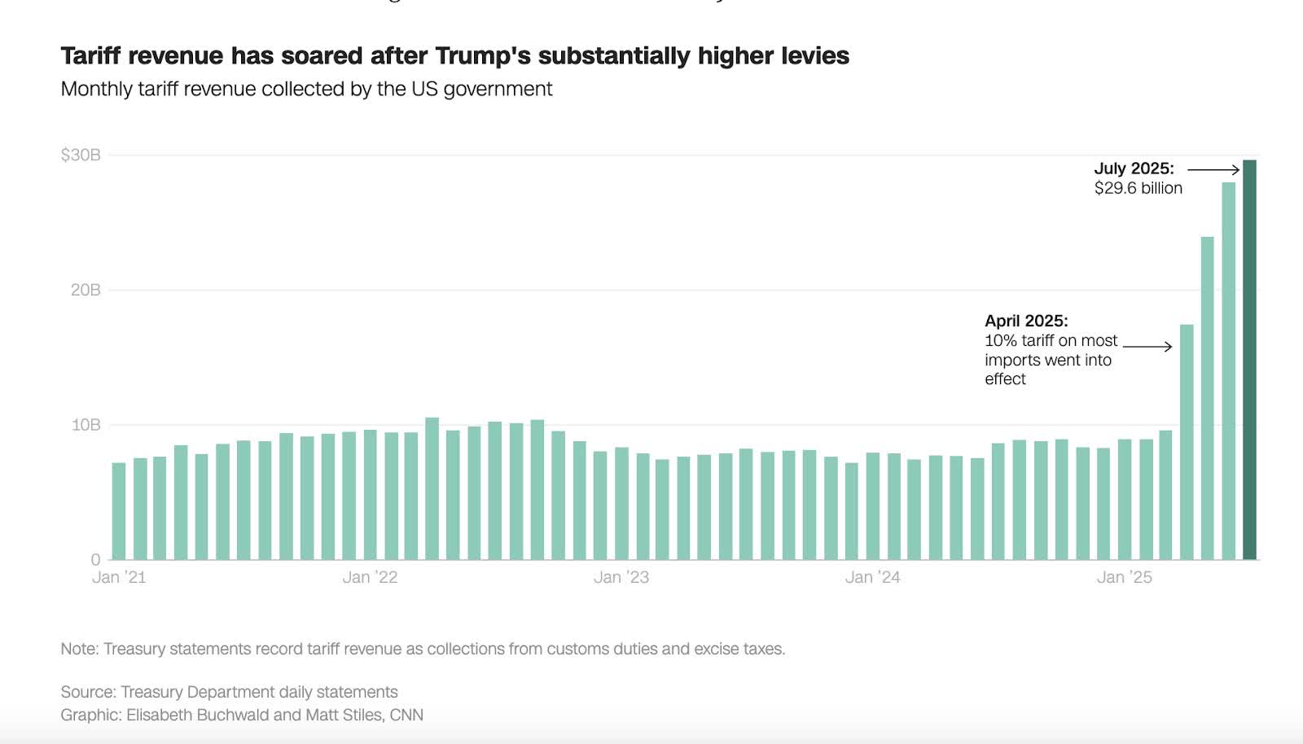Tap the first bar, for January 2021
coord(119,511)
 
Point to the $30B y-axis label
coord(81,155)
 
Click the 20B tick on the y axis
coord(86,290)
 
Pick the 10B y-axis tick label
coord(86,425)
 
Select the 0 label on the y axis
coord(95,559)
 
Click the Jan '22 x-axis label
coord(370,577)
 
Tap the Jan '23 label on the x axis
coord(621,577)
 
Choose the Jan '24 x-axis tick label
coord(872,577)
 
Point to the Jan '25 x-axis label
coord(1124,577)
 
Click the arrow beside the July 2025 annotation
coord(1213,169)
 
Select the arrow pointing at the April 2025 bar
coord(1147,347)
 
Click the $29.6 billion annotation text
coord(1138,188)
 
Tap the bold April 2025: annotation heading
coord(1026,321)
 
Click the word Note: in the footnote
coord(80,649)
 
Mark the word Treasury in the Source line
coord(151,692)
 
